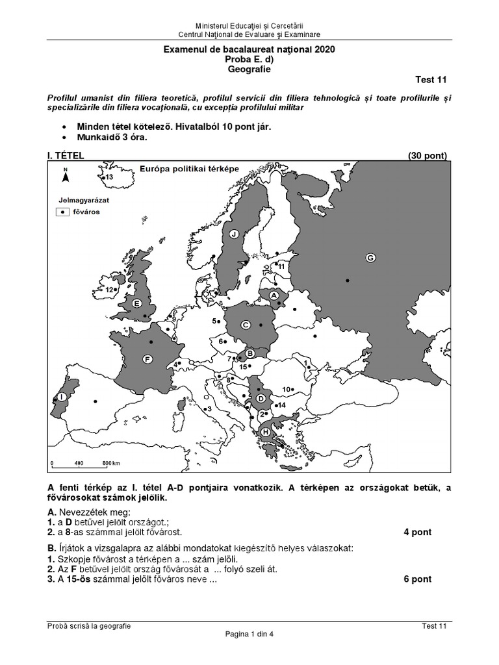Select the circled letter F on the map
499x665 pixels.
pyautogui.click(x=147, y=358)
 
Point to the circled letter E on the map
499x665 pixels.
pyautogui.click(x=137, y=303)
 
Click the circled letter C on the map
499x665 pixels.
pyautogui.click(x=246, y=325)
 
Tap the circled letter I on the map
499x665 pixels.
pyautogui.click(x=61, y=395)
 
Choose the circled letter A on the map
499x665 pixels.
pyautogui.click(x=274, y=295)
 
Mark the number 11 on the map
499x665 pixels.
pyautogui.click(x=281, y=266)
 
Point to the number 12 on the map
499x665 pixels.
pyautogui.click(x=110, y=290)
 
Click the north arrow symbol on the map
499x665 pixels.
pyautogui.click(x=65, y=175)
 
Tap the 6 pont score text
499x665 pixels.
pyautogui.click(x=417, y=579)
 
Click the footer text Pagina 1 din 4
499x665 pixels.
pyautogui.click(x=250, y=635)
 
